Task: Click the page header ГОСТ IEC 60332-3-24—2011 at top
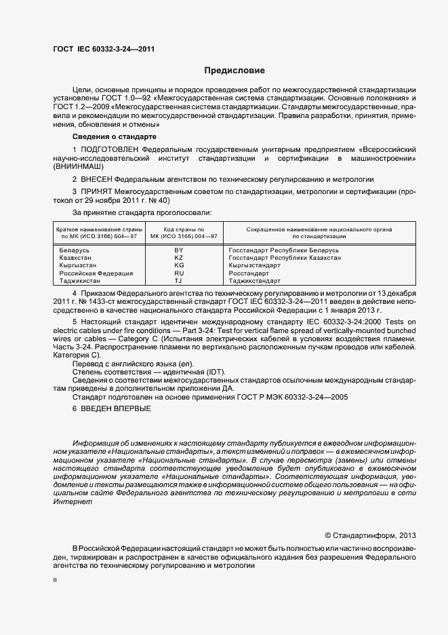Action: click(108, 50)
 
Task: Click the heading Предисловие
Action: click(235, 71)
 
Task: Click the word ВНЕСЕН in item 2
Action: click(96, 179)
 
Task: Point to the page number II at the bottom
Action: click(55, 581)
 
